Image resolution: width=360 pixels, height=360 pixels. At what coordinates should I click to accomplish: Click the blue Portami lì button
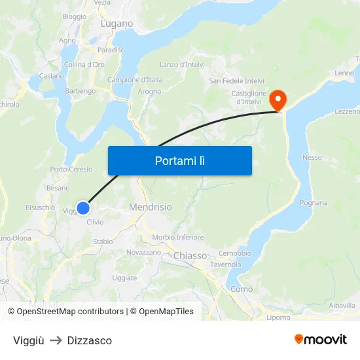179,160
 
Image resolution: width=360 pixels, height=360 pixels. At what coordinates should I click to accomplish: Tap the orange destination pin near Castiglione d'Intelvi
278,100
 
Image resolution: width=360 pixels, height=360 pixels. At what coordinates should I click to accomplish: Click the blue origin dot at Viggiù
82,208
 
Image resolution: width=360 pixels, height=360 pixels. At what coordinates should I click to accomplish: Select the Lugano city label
117,24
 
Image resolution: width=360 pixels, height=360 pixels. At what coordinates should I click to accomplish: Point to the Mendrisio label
151,207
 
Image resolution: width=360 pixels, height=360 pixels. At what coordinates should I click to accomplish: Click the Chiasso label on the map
190,256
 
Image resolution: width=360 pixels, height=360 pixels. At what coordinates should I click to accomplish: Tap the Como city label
242,289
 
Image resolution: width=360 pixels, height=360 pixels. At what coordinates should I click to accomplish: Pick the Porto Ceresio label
71,170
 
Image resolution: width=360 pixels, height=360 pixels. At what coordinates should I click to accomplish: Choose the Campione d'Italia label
135,80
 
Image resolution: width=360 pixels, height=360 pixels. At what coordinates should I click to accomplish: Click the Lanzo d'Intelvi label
183,65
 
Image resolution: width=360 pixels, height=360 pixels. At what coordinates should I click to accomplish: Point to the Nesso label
312,158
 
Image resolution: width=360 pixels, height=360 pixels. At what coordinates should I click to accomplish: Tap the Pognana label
314,203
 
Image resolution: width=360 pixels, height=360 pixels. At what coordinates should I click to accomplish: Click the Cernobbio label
235,253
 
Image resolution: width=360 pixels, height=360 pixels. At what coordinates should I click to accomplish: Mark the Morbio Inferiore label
178,238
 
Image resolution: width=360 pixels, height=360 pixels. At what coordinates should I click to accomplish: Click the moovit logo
321,340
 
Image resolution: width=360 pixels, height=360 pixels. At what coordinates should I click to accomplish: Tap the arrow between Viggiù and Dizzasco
56,340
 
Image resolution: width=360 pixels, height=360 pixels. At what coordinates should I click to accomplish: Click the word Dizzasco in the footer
90,340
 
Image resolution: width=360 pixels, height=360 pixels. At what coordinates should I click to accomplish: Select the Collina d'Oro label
84,65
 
